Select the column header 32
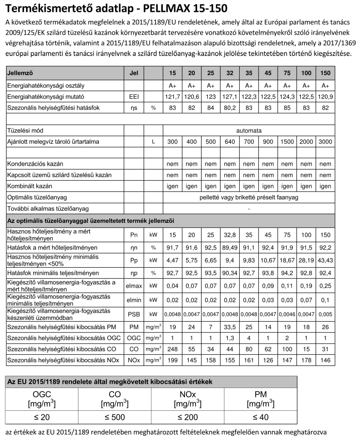click(230, 74)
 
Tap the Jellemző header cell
click(20, 74)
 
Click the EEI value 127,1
click(230, 96)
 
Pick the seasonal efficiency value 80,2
click(230, 108)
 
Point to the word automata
click(249, 130)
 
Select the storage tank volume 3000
click(326, 142)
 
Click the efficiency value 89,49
click(230, 248)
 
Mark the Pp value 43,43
click(326, 260)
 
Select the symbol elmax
click(134, 286)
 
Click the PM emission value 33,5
click(230, 327)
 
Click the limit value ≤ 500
click(114, 417)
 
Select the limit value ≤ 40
click(260, 417)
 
